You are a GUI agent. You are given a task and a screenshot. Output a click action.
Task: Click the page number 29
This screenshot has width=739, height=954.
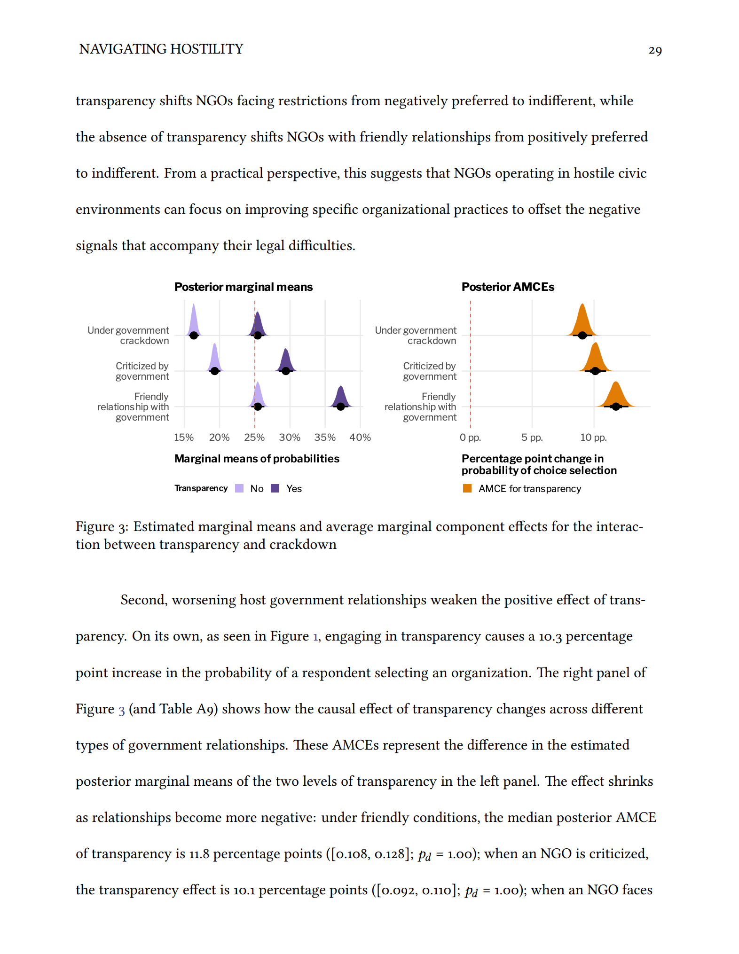655,50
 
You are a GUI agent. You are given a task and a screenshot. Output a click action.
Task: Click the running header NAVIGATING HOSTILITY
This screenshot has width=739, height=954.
161,49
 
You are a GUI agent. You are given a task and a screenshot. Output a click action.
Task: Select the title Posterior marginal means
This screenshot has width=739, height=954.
243,287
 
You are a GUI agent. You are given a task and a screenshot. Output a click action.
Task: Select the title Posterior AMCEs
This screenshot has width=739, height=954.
508,287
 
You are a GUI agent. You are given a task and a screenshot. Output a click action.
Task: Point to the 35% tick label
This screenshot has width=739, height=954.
325,437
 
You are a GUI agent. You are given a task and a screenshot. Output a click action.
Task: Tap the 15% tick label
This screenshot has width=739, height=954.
184,437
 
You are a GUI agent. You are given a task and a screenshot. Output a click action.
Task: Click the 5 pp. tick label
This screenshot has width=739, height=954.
532,437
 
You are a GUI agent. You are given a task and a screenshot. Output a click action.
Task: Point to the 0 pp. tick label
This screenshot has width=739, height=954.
470,437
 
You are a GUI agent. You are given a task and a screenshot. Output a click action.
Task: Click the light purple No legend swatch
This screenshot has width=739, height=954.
239,488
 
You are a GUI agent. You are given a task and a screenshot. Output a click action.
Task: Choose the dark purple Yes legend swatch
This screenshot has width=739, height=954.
275,488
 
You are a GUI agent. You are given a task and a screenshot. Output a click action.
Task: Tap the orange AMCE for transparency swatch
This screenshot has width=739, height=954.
467,488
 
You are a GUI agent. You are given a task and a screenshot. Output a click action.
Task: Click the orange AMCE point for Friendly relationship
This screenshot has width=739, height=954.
616,407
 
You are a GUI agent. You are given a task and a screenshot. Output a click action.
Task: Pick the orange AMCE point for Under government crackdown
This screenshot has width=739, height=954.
582,335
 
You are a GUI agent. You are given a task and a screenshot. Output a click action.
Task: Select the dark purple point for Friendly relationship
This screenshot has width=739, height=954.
341,407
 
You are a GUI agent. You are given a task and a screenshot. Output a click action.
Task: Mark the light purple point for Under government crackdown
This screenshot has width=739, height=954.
194,335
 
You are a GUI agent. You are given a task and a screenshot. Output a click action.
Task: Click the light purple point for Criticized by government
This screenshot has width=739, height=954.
215,371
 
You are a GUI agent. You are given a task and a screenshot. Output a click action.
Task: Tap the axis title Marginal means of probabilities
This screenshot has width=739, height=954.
257,459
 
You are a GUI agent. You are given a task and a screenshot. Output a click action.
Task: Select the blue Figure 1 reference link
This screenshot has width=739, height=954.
316,636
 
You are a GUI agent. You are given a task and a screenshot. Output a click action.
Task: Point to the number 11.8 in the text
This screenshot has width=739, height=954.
199,853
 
